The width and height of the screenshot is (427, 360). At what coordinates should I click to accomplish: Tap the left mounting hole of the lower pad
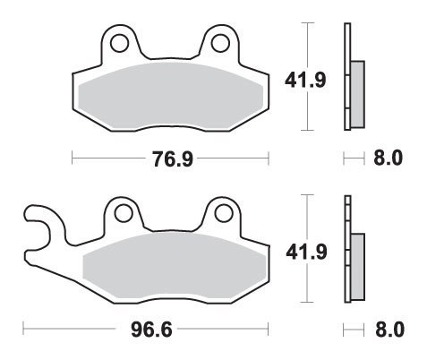point(122,213)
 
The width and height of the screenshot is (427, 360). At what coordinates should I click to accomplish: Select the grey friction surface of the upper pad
point(170,94)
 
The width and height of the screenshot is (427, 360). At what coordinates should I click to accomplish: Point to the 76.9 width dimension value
point(170,159)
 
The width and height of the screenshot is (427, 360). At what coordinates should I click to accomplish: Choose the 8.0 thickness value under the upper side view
point(388,159)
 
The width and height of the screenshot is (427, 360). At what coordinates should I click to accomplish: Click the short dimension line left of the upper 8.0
point(352,159)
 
